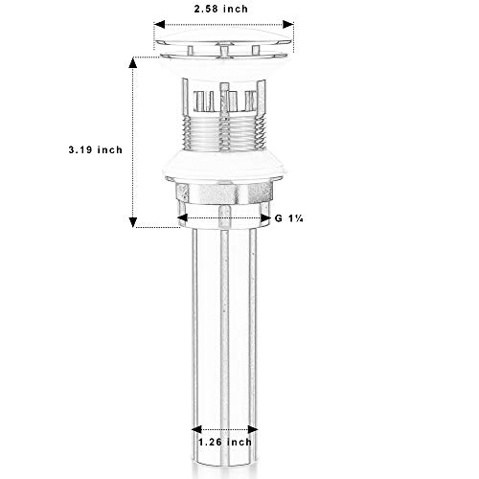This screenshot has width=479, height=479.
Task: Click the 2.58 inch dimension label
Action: (x=221, y=9)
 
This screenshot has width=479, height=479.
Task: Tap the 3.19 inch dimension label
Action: (x=96, y=149)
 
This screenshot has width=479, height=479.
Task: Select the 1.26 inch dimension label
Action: (x=225, y=442)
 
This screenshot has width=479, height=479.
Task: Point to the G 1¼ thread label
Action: (x=289, y=218)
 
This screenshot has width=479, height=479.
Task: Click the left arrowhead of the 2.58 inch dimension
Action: (x=159, y=24)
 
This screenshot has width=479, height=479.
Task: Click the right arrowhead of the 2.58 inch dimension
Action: (x=288, y=24)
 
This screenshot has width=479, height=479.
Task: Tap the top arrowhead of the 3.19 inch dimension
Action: (x=133, y=62)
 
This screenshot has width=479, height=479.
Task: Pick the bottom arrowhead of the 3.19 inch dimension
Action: (x=133, y=222)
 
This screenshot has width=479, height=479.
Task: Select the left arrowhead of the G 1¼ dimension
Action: (x=182, y=218)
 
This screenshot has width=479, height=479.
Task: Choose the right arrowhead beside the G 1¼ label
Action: (x=265, y=218)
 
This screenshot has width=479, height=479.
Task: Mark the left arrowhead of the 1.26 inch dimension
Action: (x=196, y=429)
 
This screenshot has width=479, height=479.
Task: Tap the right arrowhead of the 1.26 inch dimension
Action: (x=253, y=429)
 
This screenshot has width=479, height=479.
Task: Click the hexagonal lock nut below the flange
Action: (x=224, y=193)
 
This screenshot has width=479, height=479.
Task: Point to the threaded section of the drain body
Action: (x=224, y=133)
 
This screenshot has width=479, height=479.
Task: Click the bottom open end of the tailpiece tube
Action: (x=224, y=467)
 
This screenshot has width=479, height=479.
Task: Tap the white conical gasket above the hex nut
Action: (x=223, y=166)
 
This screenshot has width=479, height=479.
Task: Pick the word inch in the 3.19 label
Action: (x=110, y=149)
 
